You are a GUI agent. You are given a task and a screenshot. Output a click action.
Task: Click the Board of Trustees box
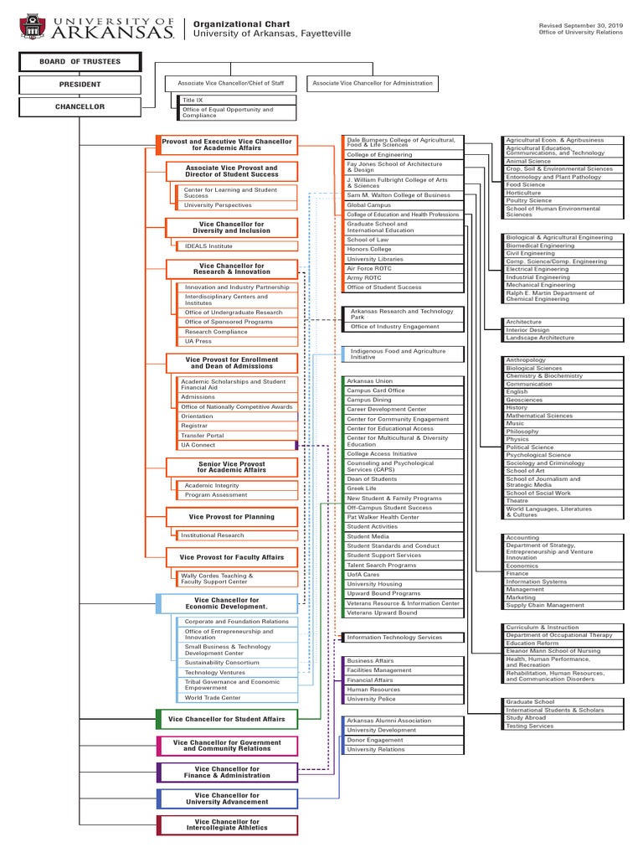click(80, 62)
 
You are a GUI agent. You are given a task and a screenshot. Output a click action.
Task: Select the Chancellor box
click(80, 106)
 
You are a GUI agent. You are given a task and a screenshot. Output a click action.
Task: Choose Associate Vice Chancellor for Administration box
click(373, 83)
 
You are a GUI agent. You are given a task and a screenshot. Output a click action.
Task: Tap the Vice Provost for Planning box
click(231, 517)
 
